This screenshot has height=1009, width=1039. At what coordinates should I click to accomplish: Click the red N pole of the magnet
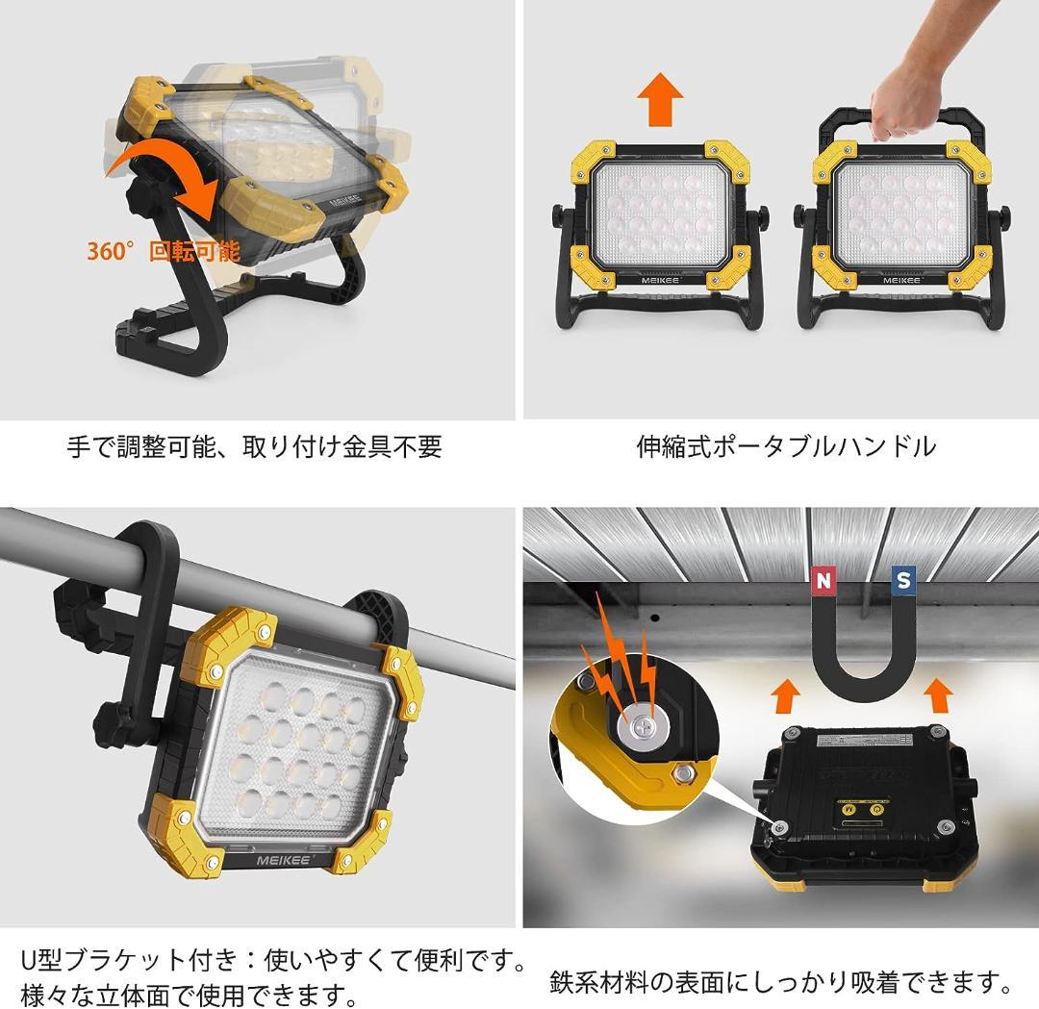[x=823, y=581]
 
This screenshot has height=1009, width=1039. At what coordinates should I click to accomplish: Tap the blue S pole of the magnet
[x=902, y=581]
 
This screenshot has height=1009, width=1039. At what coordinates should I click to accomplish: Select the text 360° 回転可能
[x=163, y=252]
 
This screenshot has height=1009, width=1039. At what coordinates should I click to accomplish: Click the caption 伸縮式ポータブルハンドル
[x=785, y=446]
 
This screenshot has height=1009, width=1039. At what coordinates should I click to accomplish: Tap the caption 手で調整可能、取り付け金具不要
[x=254, y=446]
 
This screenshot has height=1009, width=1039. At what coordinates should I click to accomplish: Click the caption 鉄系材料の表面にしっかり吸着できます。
[x=781, y=982]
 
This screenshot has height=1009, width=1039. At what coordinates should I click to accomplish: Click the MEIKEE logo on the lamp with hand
[x=901, y=279]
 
